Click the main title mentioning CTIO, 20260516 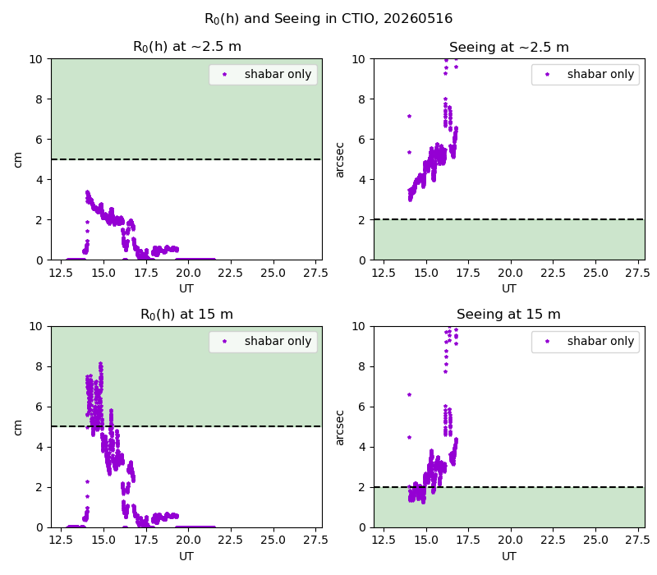(328, 19)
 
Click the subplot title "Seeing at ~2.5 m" (509, 48)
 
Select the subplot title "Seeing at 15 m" (508, 315)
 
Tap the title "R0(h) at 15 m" (186, 315)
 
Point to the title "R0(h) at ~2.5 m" (187, 47)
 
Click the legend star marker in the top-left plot (224, 75)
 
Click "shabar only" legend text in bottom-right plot (600, 341)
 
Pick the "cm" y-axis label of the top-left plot (17, 159)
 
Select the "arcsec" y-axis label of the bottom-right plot (340, 427)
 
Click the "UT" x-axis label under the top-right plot (509, 289)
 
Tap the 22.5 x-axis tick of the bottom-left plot (230, 540)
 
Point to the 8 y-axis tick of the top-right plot (361, 99)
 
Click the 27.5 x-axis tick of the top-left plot (315, 274)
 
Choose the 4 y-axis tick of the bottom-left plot (39, 447)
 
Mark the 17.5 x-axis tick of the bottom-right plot (468, 540)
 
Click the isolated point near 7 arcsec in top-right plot (409, 116)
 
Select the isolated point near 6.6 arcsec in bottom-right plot (409, 395)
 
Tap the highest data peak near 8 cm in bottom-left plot (100, 364)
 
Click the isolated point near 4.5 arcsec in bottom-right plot (409, 438)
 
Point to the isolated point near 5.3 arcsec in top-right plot (409, 153)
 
